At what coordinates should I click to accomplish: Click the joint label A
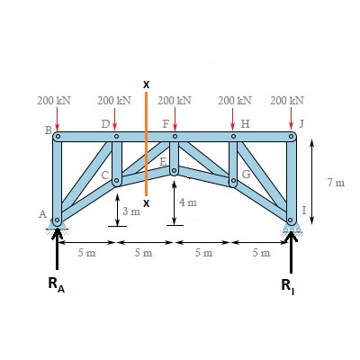click(x=43, y=214)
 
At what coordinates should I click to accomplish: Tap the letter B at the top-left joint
click(x=49, y=130)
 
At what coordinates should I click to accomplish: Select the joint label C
click(x=105, y=175)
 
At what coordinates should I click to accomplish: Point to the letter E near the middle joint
click(x=162, y=162)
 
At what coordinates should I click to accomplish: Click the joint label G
click(x=246, y=174)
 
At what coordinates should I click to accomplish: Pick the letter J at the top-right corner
click(x=301, y=123)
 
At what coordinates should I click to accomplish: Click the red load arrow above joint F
click(x=175, y=119)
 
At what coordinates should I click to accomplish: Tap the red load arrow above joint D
click(x=114, y=120)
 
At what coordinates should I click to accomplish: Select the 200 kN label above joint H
click(x=235, y=101)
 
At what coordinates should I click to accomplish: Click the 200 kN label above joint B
click(x=54, y=101)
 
